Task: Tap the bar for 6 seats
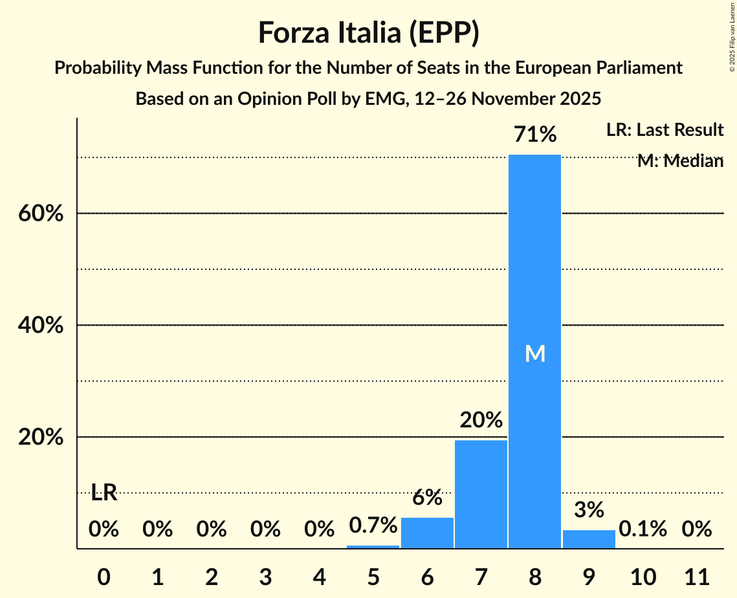(427, 533)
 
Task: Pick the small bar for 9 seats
(589, 539)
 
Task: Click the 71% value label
(534, 135)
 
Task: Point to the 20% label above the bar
(481, 421)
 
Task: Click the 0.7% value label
(373, 526)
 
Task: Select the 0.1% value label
(643, 529)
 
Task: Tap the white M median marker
(534, 353)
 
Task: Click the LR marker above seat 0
(104, 493)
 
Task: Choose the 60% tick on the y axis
(40, 214)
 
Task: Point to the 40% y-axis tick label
(40, 326)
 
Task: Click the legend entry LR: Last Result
(665, 130)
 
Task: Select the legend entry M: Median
(680, 161)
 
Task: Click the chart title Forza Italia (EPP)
(368, 33)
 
